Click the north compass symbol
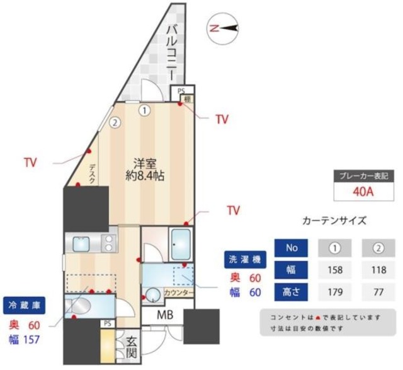(x=225, y=28)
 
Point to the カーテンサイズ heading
(x=334, y=221)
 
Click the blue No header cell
(x=291, y=248)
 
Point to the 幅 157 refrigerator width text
(x=24, y=340)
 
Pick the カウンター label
(x=178, y=292)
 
